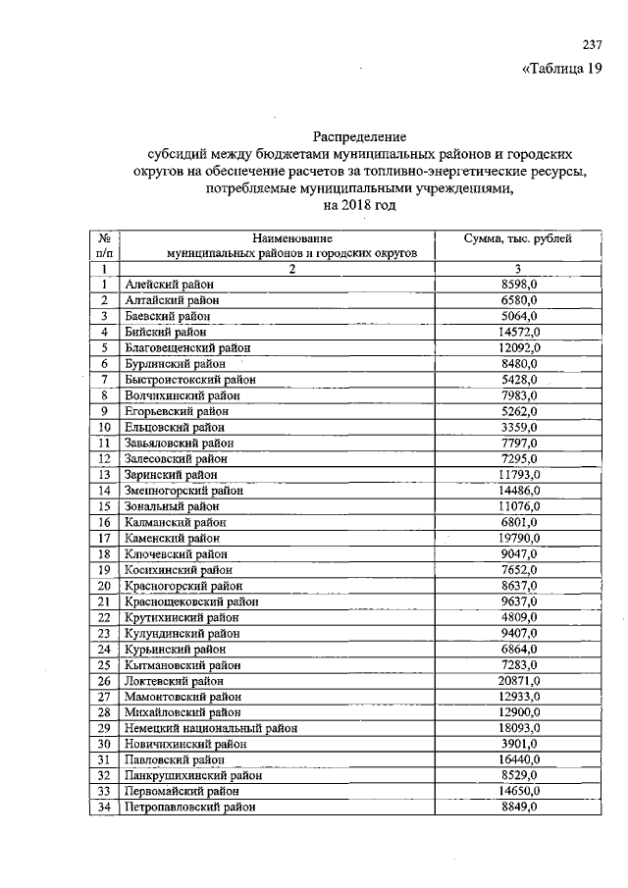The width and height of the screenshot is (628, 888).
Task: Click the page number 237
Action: [x=591, y=45]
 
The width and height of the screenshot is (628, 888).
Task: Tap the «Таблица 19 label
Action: [x=560, y=69]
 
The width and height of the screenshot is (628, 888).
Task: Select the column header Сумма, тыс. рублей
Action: [x=517, y=238]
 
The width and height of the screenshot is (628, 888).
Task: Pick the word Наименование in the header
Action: [x=291, y=238]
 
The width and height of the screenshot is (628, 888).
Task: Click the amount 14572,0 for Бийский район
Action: [x=518, y=332]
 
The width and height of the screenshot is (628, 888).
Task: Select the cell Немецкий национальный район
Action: [x=211, y=728]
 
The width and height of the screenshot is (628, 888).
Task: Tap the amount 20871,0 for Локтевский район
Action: [x=518, y=680]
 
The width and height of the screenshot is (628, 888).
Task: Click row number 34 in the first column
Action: [x=103, y=807]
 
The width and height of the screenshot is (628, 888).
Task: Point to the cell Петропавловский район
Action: [x=190, y=807]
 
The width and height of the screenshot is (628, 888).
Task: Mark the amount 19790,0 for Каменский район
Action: [x=518, y=538]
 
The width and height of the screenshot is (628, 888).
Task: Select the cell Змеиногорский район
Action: [x=184, y=490]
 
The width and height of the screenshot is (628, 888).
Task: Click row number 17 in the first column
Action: [x=103, y=538]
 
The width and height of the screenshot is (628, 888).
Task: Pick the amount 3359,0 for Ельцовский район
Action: [x=518, y=427]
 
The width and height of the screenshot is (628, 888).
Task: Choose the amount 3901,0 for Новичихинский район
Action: [x=518, y=744]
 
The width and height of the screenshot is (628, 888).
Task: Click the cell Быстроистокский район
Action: [x=189, y=379]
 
